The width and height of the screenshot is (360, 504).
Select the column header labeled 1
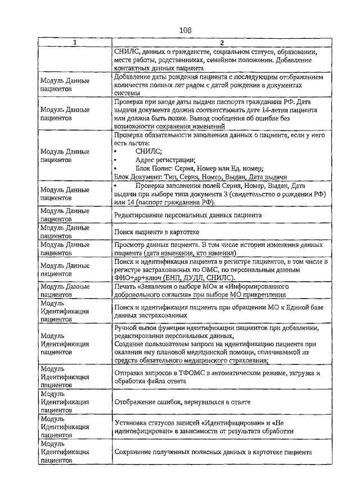click(75, 43)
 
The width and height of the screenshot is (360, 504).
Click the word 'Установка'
click(131, 423)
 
